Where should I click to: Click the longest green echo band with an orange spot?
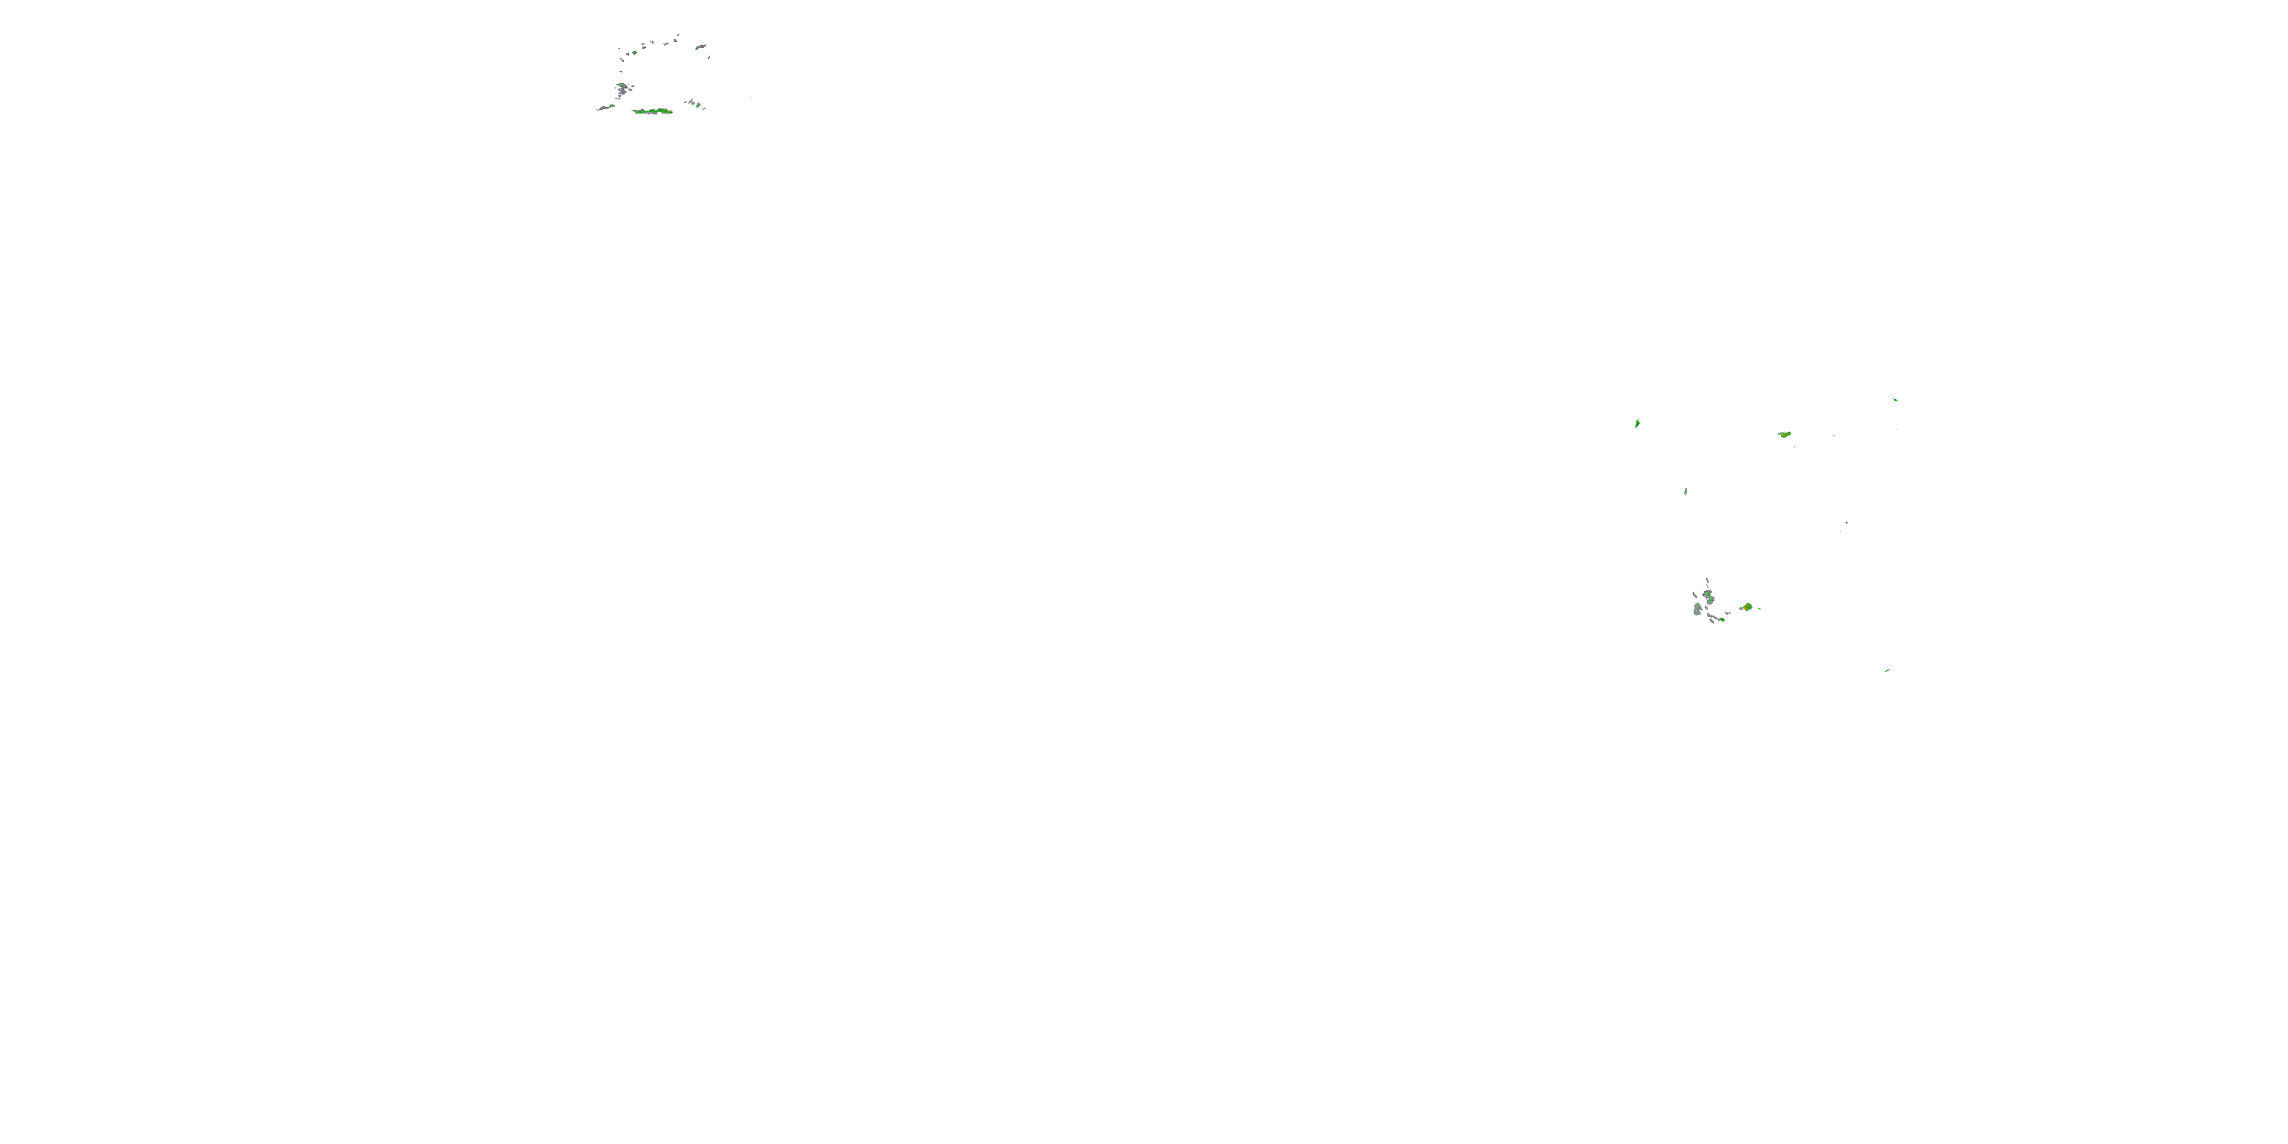[x=653, y=111]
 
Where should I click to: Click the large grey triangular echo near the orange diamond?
[x=1698, y=610]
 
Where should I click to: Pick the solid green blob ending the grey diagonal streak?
[x=1722, y=620]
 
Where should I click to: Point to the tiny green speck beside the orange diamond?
[x=1759, y=609]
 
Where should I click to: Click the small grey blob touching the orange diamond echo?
[x=1741, y=609]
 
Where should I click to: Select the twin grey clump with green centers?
[x=1709, y=597]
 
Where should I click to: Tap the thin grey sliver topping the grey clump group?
[x=1707, y=581]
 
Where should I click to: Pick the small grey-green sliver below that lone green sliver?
[x=1685, y=492]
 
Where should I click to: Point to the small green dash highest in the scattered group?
[x=1895, y=400]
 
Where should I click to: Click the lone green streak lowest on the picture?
[x=1887, y=670]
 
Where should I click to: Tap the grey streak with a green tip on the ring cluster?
[x=701, y=47]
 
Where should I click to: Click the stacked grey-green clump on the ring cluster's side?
[x=622, y=90]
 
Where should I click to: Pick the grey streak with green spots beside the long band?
[x=606, y=108]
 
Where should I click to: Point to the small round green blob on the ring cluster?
[x=635, y=53]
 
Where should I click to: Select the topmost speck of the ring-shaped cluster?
[x=679, y=36]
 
